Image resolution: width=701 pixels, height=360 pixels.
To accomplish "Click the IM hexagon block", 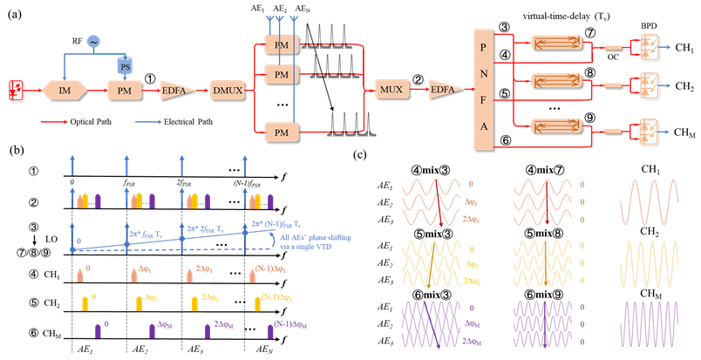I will point(65,90).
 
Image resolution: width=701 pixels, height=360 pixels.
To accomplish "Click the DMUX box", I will point(228,90).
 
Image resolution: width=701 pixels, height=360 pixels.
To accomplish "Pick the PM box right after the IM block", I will point(124,90).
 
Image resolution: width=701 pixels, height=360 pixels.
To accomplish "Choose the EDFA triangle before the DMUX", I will point(177,90).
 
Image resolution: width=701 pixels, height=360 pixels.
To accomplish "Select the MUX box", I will point(392,89).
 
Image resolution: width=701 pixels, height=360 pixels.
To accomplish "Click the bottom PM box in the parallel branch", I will point(281,132).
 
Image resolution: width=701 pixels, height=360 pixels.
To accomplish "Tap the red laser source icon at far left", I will point(15,88).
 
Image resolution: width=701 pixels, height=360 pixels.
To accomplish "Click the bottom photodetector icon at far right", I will point(650,131).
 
